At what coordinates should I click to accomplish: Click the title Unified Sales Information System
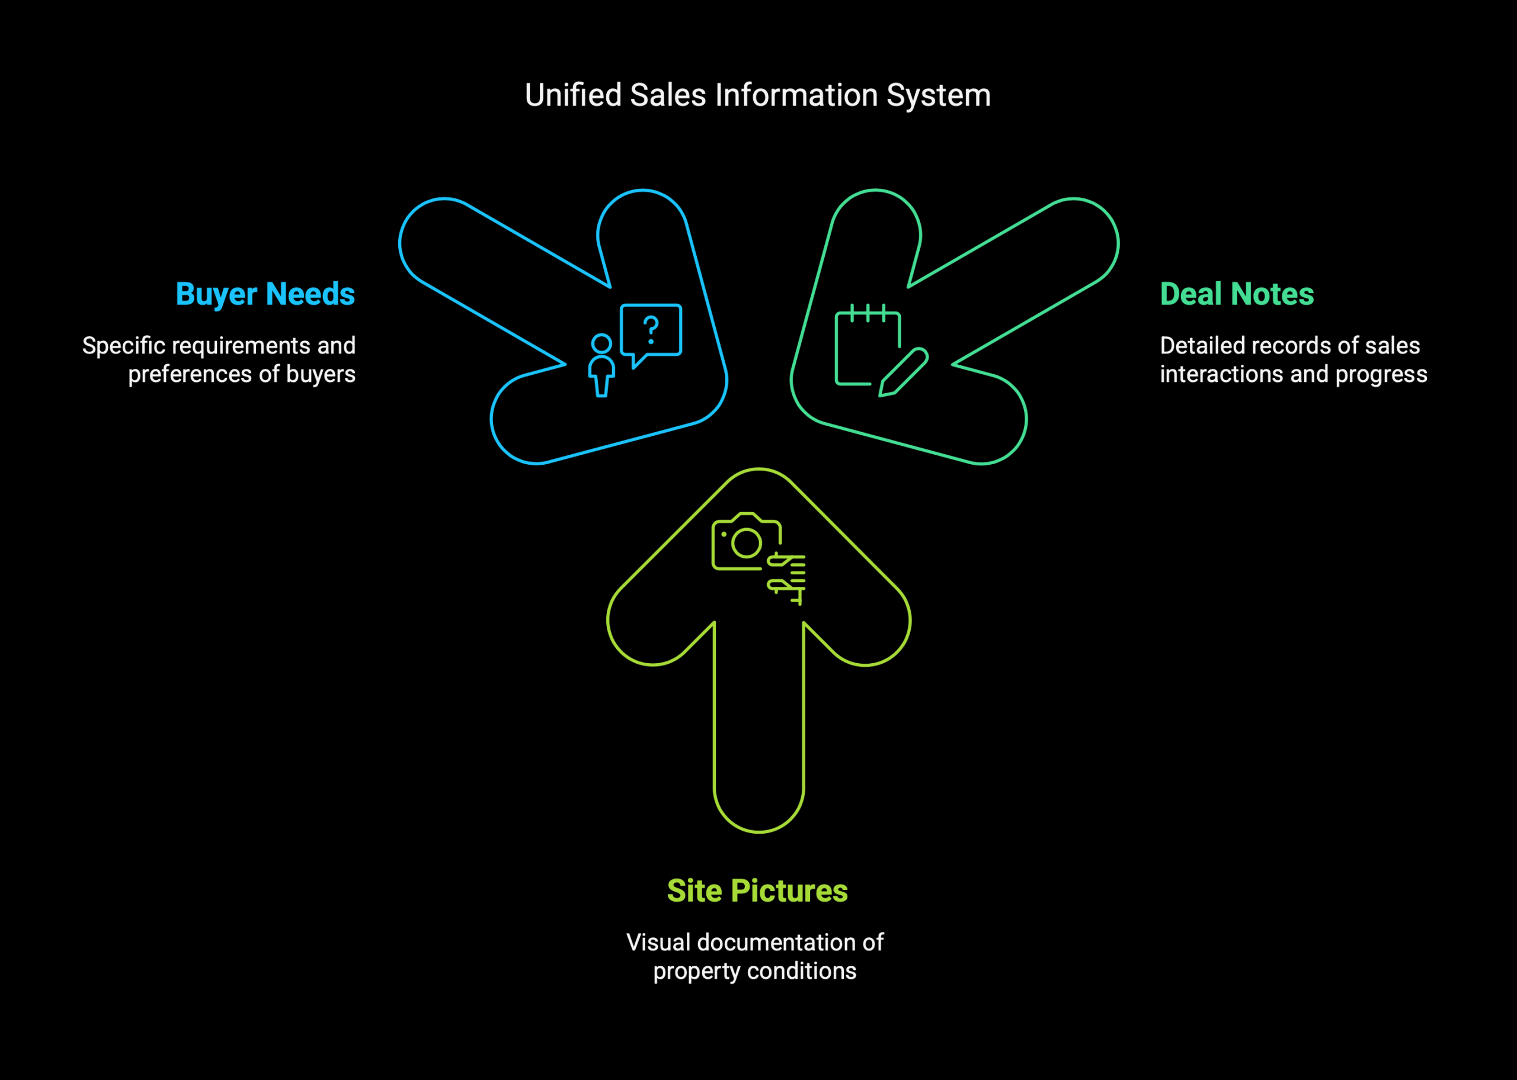coord(758,95)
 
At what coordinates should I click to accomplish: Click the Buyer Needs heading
coord(265,294)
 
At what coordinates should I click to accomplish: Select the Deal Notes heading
coord(1237,294)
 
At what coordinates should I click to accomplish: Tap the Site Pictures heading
coord(757,891)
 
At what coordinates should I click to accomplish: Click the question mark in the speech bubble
coord(651,330)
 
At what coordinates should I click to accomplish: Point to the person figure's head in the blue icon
coord(601,344)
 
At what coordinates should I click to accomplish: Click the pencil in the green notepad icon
coord(904,372)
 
